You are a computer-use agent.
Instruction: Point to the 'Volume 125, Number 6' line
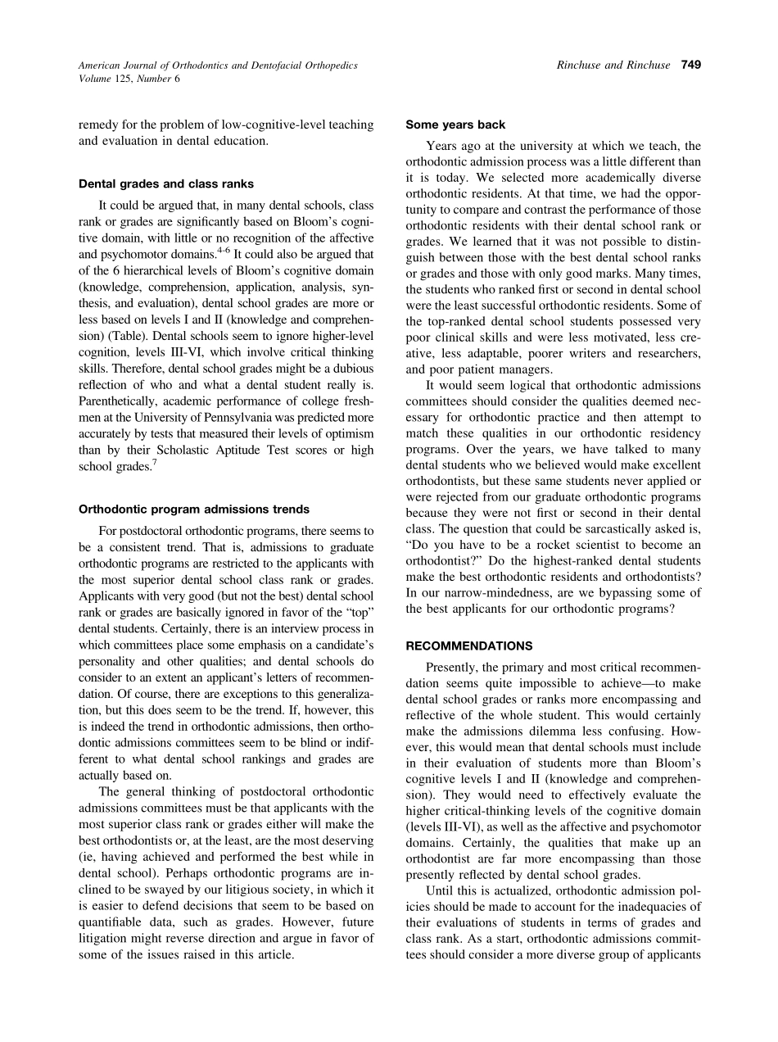click(x=129, y=79)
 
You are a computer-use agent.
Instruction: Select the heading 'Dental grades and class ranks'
click(x=165, y=183)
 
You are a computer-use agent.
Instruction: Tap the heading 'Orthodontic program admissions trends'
click(x=194, y=509)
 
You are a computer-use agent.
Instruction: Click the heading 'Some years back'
click(x=455, y=125)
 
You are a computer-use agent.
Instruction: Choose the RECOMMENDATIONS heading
click(x=469, y=646)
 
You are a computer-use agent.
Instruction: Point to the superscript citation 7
click(x=154, y=462)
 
